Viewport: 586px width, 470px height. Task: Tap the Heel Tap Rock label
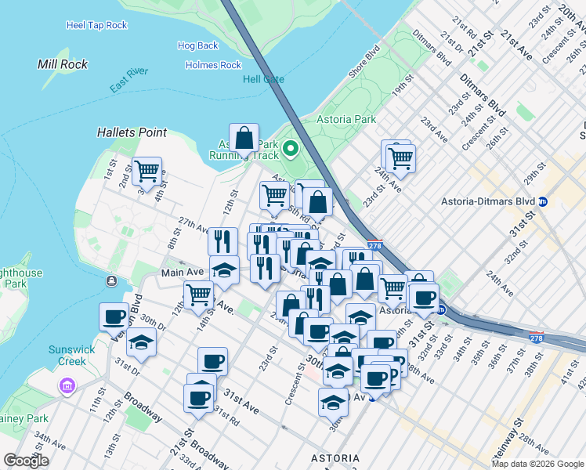[97, 25]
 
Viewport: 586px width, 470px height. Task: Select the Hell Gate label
[264, 80]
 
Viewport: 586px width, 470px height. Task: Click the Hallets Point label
[132, 132]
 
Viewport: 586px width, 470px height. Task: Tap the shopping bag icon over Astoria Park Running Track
[244, 139]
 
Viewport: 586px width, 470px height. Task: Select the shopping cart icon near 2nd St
[146, 171]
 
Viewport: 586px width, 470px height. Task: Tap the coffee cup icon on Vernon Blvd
[114, 316]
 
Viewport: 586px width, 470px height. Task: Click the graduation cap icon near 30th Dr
[142, 342]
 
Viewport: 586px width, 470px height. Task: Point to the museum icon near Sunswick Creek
[67, 386]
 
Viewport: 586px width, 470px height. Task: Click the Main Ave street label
[183, 273]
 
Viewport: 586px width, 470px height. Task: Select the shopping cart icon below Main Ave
[199, 295]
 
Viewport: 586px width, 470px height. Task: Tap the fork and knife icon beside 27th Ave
[223, 241]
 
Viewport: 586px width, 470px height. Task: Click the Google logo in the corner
[26, 461]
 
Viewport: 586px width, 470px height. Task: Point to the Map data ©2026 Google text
[537, 464]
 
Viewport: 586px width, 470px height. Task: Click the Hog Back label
[197, 46]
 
